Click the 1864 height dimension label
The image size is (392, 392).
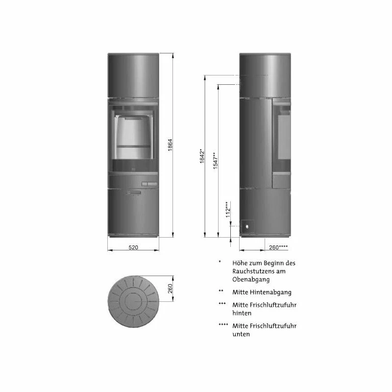pos(170,145)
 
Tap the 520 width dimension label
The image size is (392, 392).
pos(133,247)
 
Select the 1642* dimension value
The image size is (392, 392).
pos(202,156)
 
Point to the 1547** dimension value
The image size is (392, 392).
pos(216,161)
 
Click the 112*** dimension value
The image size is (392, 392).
pos(228,210)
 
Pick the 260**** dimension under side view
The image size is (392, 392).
pos(278,247)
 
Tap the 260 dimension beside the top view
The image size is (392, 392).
pos(170,289)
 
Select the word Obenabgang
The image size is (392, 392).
pos(251,279)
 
